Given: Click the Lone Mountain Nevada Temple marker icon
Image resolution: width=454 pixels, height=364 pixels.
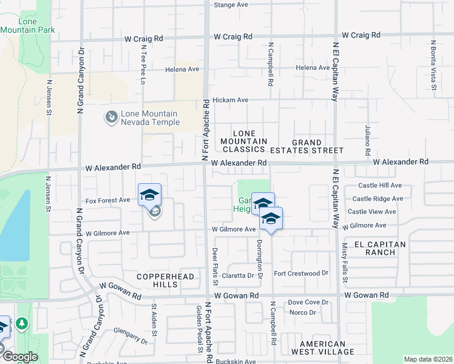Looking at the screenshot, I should click(111, 116).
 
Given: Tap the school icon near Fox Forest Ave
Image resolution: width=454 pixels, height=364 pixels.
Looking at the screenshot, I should click(149, 195).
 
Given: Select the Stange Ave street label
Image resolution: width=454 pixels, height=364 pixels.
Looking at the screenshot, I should click(231, 5).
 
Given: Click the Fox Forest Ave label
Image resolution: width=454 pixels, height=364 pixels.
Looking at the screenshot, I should click(107, 200).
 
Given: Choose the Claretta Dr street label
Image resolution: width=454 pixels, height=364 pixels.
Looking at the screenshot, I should click(237, 275).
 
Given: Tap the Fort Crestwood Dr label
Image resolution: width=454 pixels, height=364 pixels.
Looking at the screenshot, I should click(301, 274).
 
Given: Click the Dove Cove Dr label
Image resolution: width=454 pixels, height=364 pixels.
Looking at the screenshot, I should click(308, 302).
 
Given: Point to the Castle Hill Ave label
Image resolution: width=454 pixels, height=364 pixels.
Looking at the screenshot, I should click(380, 185).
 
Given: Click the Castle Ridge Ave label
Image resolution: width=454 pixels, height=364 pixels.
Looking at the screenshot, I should click(378, 198).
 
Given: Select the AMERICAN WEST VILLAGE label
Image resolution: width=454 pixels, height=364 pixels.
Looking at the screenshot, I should click(322, 348).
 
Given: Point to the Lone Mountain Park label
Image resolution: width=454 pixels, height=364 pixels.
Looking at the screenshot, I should click(28, 25).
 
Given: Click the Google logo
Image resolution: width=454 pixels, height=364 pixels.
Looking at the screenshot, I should click(19, 357).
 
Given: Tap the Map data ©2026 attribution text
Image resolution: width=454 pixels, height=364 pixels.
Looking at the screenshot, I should click(428, 359).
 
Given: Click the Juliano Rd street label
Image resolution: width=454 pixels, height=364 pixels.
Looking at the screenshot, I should click(368, 140).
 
